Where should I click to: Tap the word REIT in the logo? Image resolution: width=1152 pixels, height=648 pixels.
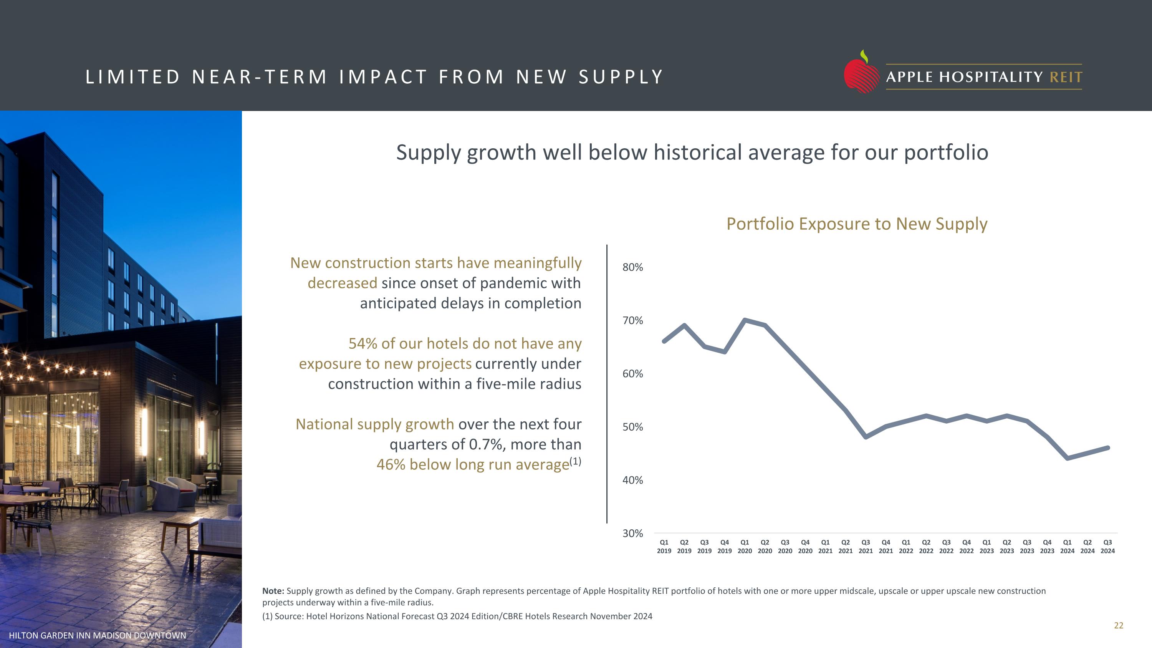point(1066,77)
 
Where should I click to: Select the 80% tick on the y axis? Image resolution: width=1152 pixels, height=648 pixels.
point(632,267)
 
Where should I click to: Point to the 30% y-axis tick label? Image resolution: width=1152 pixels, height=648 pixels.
point(632,534)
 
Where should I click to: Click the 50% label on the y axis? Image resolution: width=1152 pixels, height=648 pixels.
point(632,427)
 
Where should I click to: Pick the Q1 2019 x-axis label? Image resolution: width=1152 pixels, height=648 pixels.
point(664,547)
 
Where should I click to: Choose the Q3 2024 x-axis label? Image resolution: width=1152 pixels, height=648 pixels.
point(1107,547)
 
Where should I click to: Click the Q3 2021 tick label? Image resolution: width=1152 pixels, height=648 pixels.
point(865,547)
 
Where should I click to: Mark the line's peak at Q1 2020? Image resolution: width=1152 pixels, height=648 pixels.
point(745,320)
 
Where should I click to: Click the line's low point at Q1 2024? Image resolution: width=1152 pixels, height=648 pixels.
point(1068,458)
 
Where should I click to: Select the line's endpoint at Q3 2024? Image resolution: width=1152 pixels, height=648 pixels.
point(1108,447)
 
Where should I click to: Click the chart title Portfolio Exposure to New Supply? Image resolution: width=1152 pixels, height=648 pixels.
point(856,224)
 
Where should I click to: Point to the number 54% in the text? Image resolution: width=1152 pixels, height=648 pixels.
point(363,343)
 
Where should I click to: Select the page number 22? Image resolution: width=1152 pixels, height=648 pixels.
point(1119,626)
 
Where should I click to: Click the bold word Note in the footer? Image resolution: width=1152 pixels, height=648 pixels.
point(272,591)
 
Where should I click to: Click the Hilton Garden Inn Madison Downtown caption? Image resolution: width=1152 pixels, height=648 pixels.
point(98,635)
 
